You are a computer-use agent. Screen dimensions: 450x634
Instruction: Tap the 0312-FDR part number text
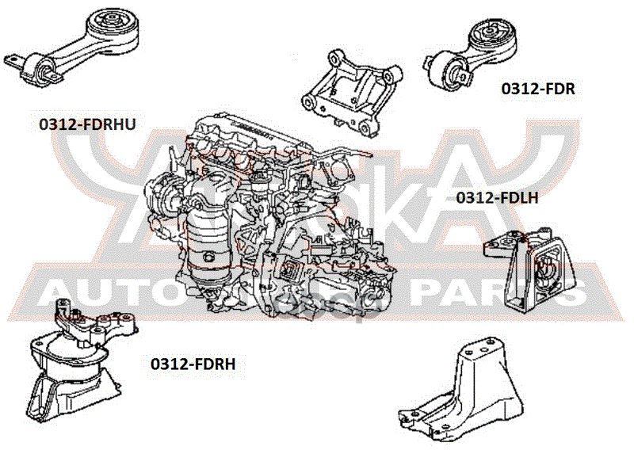(537, 90)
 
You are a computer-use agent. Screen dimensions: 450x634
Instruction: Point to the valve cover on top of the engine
(238, 131)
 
